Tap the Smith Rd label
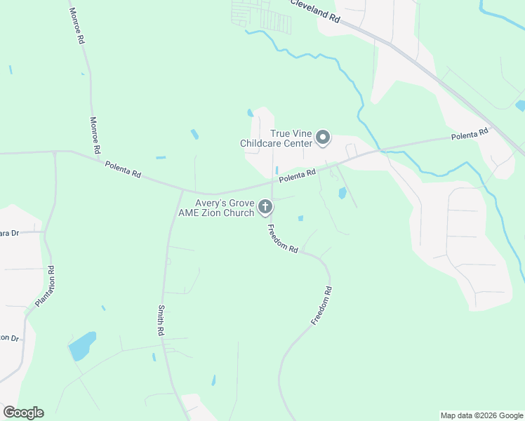(x=161, y=320)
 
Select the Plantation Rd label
(x=44, y=286)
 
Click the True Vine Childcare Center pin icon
(x=323, y=138)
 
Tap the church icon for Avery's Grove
(x=265, y=206)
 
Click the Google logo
(x=23, y=413)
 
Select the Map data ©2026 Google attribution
(x=482, y=415)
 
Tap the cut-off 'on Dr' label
(x=8, y=338)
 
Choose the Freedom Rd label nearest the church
(x=282, y=239)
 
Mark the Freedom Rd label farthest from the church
(x=321, y=305)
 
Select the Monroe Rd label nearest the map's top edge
(x=76, y=27)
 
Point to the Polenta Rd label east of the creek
(x=469, y=135)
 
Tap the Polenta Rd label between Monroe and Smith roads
(x=123, y=170)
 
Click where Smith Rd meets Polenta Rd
(x=182, y=190)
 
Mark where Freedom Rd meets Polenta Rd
(x=272, y=185)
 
